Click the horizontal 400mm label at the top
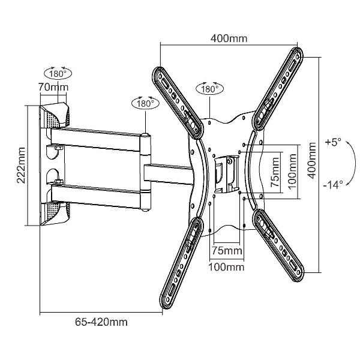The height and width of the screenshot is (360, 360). pyautogui.click(x=229, y=39)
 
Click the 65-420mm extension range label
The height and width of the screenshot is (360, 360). pyautogui.click(x=101, y=322)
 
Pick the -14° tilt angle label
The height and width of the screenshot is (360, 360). pyautogui.click(x=334, y=185)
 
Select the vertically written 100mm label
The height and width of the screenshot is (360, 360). pyautogui.click(x=292, y=170)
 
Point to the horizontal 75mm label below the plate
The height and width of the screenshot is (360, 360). pyautogui.click(x=226, y=250)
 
